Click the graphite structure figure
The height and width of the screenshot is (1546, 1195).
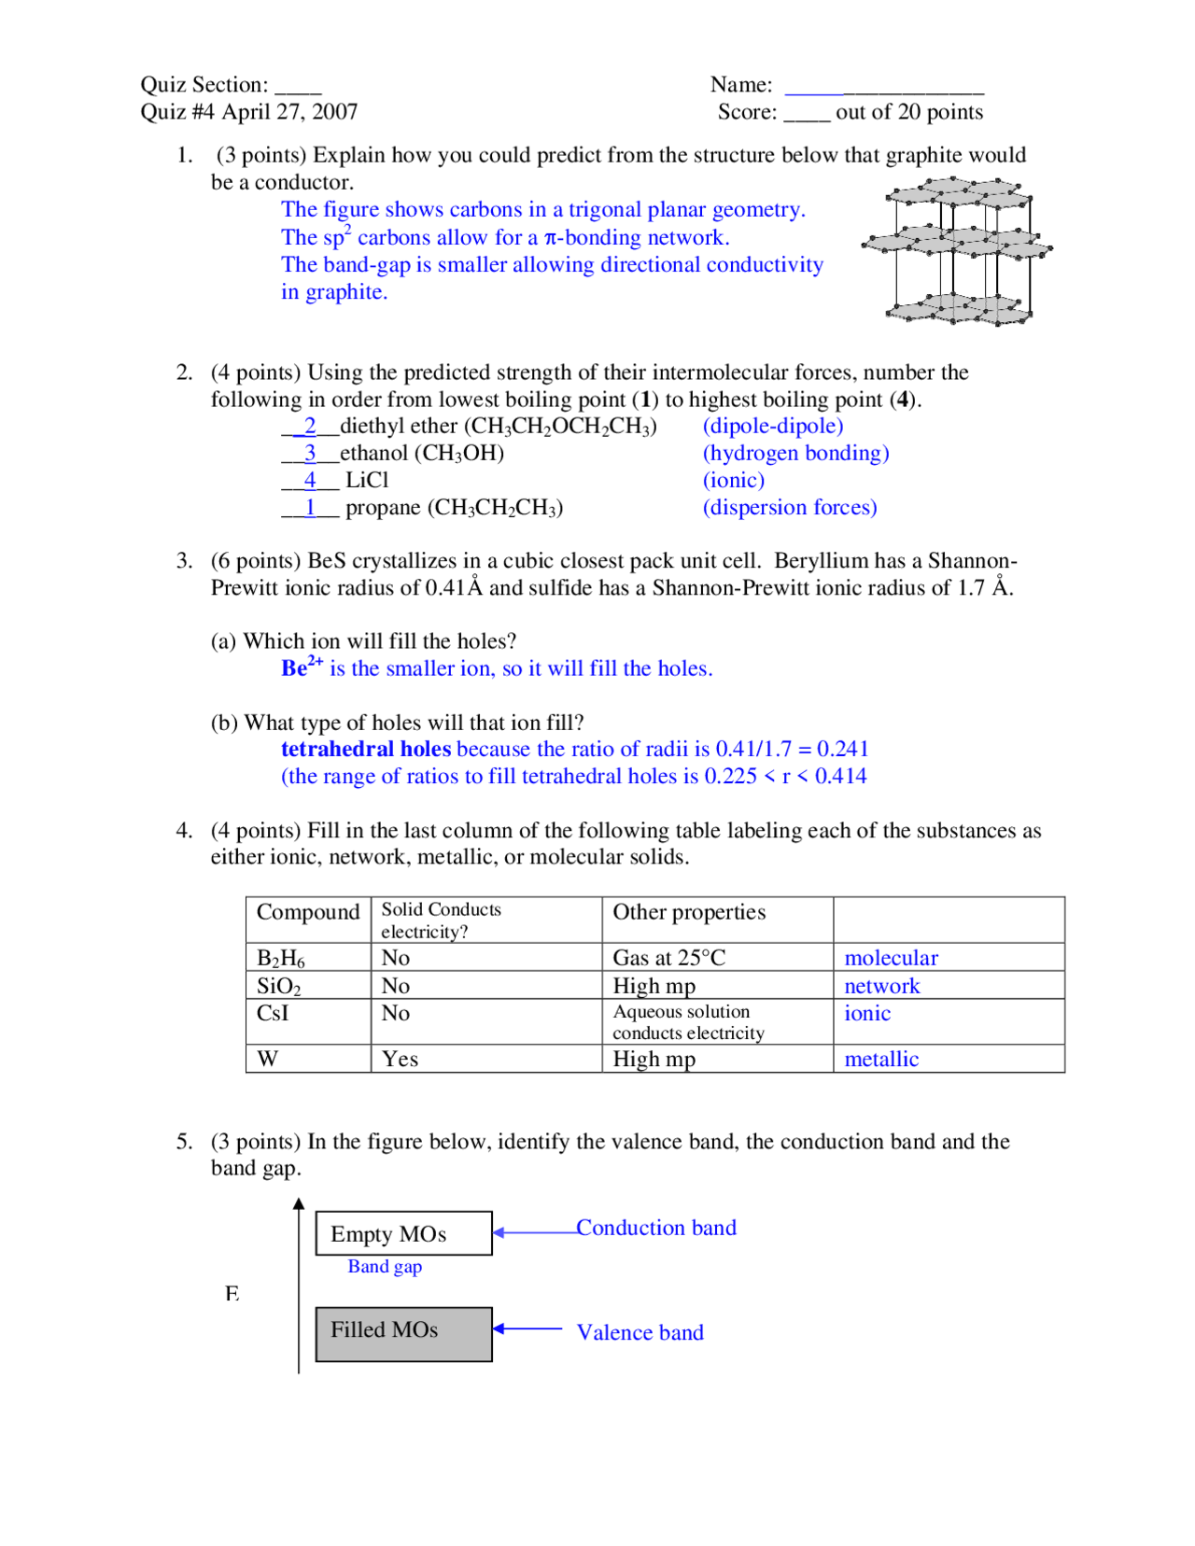point(957,250)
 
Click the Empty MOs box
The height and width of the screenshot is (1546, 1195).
point(403,1233)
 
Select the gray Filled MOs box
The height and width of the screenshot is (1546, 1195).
point(403,1333)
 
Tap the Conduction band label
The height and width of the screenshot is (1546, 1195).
point(655,1228)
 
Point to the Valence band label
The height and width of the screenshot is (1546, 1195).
point(640,1332)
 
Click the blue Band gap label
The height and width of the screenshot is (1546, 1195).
point(385,1267)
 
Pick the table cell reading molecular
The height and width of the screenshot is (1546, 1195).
point(891,958)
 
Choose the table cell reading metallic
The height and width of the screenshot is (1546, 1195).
point(881,1059)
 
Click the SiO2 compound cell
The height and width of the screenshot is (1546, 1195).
point(278,986)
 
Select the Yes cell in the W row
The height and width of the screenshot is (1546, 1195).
point(400,1059)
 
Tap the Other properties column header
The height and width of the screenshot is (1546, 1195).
point(689,912)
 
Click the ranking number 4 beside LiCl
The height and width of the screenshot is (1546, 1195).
point(310,480)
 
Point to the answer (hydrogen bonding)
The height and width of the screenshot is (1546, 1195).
point(795,453)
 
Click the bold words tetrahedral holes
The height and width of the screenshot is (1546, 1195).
point(365,749)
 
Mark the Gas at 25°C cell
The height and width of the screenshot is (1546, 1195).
point(668,958)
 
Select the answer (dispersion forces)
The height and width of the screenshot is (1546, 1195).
point(790,507)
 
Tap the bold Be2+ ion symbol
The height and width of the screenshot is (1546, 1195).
point(302,668)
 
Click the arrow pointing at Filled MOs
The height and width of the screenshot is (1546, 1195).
point(527,1328)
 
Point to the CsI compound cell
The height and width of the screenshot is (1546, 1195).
point(273,1013)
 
